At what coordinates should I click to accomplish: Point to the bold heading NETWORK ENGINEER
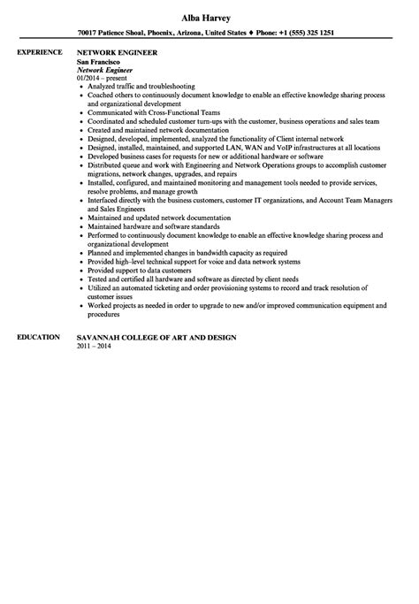coord(118,53)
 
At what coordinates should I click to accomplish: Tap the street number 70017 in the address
coord(90,33)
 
